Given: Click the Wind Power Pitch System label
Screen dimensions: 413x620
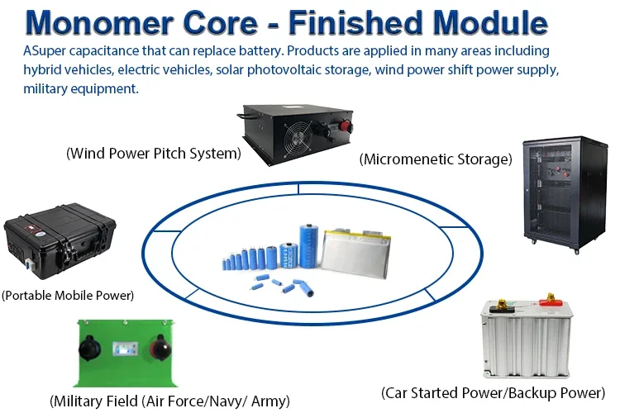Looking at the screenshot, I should tap(154, 153).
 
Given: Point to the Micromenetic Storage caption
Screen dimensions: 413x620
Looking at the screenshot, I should tap(436, 159).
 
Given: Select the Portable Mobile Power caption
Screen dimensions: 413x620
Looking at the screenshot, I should tap(68, 294).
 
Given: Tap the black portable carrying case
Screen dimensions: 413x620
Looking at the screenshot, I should tap(60, 244).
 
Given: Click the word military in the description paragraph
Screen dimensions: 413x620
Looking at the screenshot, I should tap(49, 88).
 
